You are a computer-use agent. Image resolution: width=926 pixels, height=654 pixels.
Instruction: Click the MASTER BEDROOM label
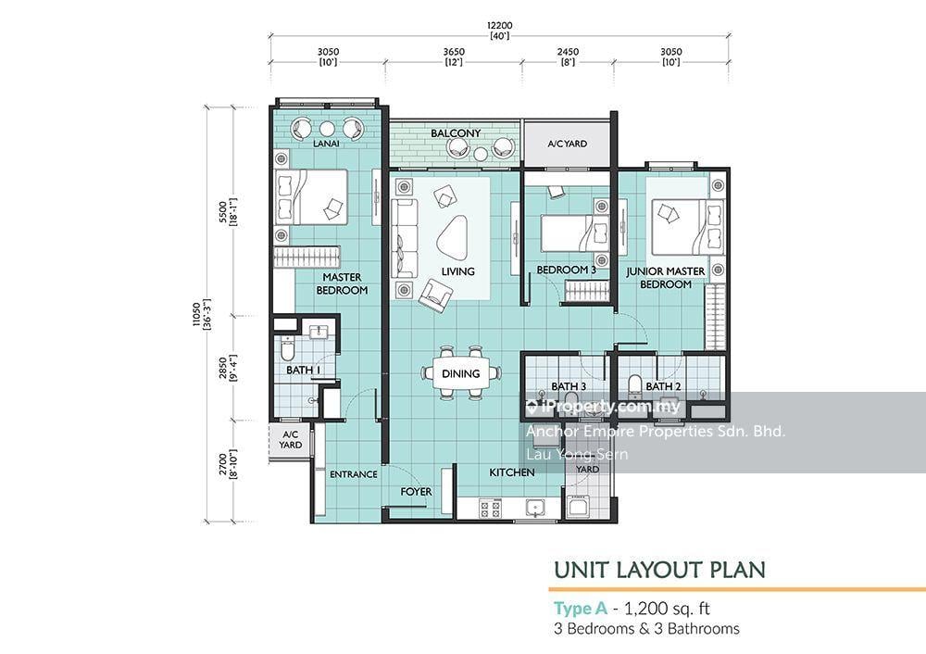coord(342,283)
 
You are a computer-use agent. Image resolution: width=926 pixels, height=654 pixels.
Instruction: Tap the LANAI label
coord(326,144)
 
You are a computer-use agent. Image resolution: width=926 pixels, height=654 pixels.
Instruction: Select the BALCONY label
coord(456,133)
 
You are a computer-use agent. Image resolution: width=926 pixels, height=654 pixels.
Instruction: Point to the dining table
coord(461,373)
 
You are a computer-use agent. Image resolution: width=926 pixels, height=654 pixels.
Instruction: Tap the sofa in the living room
coord(404,238)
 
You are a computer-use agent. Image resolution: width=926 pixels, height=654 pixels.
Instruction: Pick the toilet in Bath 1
coord(286,349)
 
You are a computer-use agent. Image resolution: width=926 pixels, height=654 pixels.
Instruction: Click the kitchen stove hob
coord(490,508)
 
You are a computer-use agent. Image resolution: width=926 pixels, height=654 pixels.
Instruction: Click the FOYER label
coord(416,492)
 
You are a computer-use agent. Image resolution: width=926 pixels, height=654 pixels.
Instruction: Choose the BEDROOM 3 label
coord(567,270)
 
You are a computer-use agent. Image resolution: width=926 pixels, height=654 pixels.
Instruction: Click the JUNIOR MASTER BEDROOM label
coord(666,278)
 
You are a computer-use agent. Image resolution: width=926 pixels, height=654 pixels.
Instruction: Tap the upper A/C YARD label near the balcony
coord(567,144)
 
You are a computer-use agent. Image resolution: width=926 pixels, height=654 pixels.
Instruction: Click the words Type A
coord(581,609)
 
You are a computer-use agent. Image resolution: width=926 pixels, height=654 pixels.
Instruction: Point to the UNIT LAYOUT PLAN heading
coord(659,570)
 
